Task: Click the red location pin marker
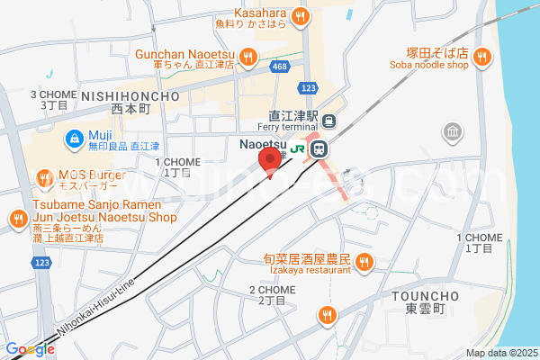[267, 160]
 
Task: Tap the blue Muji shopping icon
[75, 139]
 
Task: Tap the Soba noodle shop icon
[483, 58]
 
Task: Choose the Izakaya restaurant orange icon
[364, 263]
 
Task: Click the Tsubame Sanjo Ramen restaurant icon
[18, 218]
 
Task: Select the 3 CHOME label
[53, 94]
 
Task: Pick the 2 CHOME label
[272, 289]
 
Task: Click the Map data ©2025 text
[499, 353]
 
